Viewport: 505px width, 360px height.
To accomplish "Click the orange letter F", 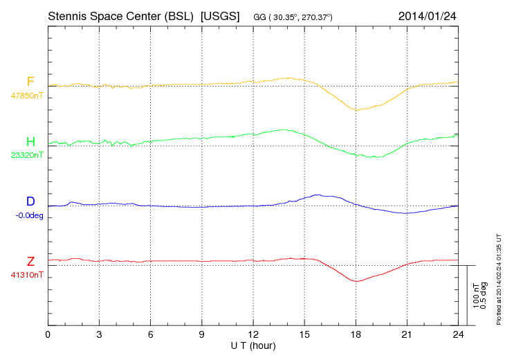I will (x=30, y=82).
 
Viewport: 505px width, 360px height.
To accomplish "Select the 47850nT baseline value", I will (x=27, y=96).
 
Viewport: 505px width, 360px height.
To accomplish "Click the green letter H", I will (x=30, y=143).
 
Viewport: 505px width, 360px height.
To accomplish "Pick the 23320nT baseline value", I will (x=27, y=156).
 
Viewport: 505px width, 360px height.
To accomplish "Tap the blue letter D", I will (x=30, y=202).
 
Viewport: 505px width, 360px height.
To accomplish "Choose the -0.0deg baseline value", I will (x=29, y=215).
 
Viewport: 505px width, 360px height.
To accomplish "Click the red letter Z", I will (x=30, y=262).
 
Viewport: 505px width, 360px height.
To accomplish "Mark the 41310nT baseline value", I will (x=27, y=275).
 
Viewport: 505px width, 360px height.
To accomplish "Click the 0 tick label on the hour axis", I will (x=48, y=334).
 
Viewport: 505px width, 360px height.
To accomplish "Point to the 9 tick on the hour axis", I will (x=202, y=334).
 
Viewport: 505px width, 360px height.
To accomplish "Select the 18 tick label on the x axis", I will (x=356, y=334).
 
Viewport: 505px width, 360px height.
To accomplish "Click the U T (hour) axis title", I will (x=253, y=345).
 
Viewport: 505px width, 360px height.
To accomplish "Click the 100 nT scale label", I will (x=476, y=296).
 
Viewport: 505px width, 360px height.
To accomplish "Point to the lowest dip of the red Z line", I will (x=356, y=281).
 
